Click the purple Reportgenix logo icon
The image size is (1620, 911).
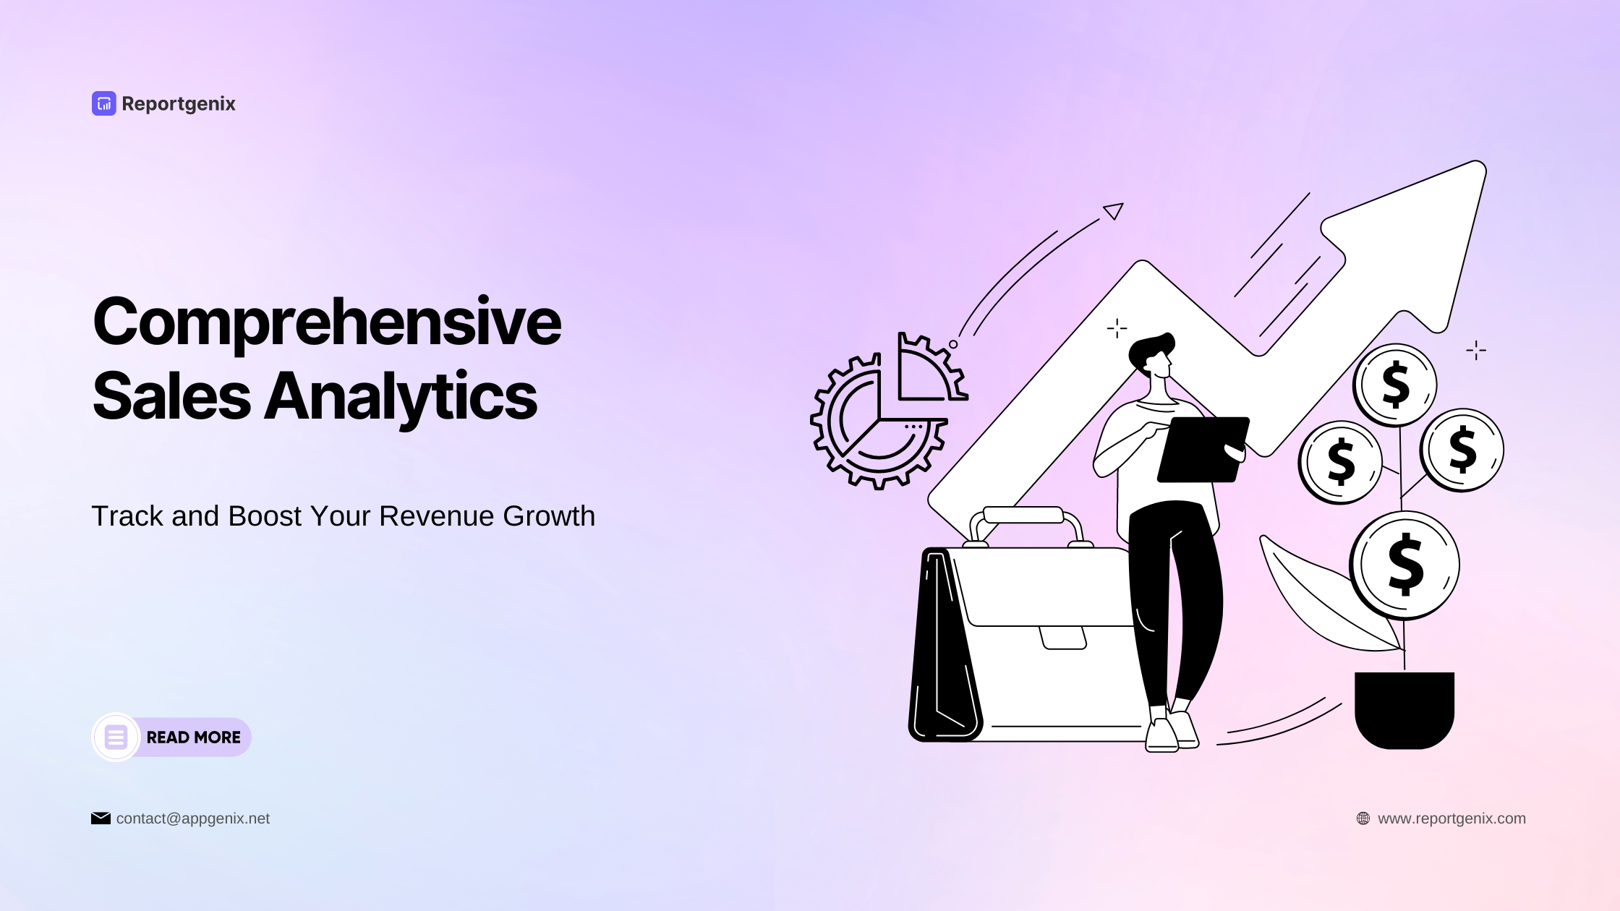tap(103, 103)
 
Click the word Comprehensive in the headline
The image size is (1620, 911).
tap(327, 322)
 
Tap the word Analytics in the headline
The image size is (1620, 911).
tap(401, 397)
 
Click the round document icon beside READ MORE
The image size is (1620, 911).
tap(116, 737)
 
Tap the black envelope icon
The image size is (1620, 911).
tap(101, 818)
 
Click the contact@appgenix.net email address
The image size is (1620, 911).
tap(192, 818)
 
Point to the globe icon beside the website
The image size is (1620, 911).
tap(1363, 818)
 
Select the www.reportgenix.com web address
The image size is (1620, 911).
tap(1451, 818)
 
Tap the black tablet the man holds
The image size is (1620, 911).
tap(1202, 449)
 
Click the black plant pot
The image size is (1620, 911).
tap(1404, 708)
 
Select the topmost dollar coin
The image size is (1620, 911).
tap(1395, 385)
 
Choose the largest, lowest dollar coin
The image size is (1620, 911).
tap(1404, 565)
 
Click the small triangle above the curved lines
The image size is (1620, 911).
tap(1114, 210)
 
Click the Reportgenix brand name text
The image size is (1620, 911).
tap(179, 104)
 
